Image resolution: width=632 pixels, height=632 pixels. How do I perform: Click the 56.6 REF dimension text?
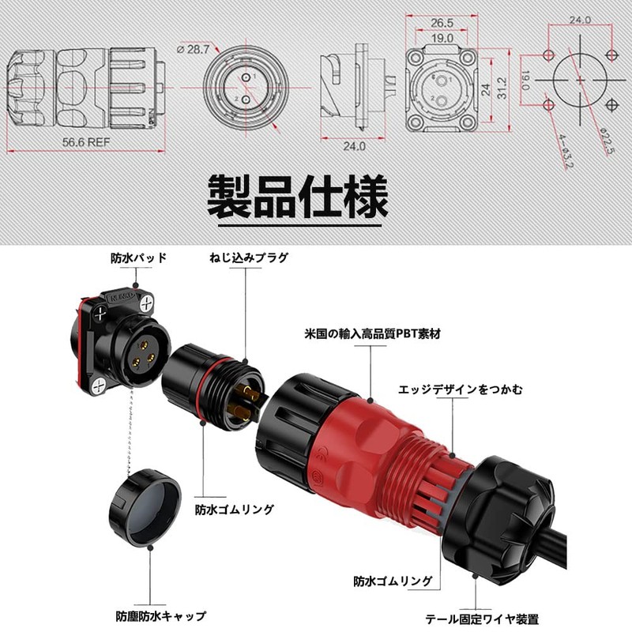coord(86,142)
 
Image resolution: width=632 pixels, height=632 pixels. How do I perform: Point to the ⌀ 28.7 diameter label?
coord(194,50)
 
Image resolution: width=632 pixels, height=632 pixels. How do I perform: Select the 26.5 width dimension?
coord(442,23)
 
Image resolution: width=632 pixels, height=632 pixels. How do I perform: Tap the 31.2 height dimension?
coord(502,88)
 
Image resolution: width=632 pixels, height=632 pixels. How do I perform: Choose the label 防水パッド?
coord(139,258)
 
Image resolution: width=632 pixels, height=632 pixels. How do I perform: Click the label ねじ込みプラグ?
coord(249,258)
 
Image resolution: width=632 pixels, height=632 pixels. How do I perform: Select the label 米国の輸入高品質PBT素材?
coord(372,333)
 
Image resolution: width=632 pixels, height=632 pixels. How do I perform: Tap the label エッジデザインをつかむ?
coord(461,389)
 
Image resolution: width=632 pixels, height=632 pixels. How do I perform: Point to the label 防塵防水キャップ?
coord(161,616)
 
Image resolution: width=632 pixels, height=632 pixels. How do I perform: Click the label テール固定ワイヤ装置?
coord(482,619)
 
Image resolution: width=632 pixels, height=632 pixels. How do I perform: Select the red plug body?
coord(374,451)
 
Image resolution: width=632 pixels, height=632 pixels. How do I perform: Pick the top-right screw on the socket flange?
coord(147,303)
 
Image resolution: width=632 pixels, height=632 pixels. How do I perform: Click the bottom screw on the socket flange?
coord(99,386)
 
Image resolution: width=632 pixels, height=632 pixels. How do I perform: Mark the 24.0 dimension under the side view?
coord(354,146)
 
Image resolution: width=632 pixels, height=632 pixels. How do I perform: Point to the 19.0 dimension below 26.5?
coord(442,38)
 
